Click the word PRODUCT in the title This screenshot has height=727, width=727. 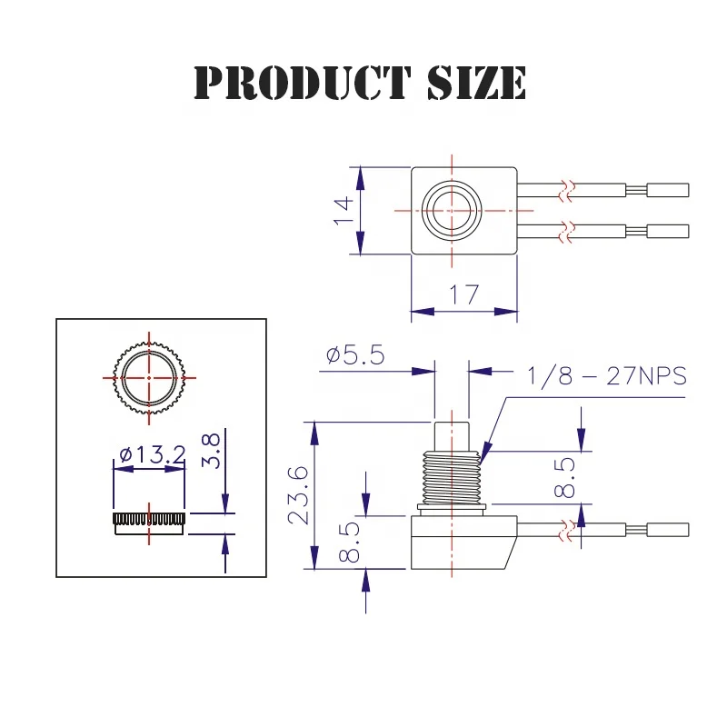tap(291, 83)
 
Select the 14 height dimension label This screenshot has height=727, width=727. tap(343, 211)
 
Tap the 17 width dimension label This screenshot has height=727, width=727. tap(464, 294)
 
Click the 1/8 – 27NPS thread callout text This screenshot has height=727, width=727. tap(606, 375)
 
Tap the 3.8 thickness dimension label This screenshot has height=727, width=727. tap(210, 450)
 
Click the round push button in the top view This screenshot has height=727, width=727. tap(452, 210)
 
